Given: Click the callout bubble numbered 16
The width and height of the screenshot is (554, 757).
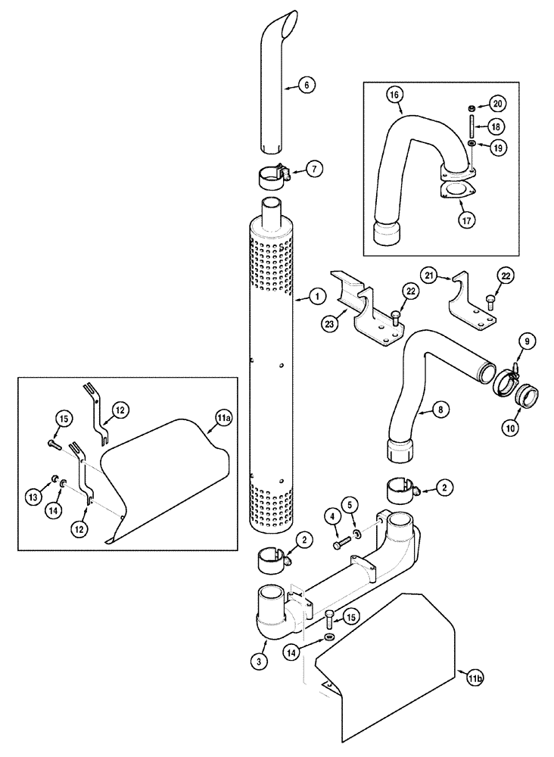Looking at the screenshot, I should (x=394, y=95).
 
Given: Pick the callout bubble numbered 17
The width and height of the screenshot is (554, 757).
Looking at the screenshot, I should (x=466, y=221).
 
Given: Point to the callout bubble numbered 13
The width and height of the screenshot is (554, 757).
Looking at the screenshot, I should (x=34, y=497).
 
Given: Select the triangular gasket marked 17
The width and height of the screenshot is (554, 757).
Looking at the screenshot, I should (x=453, y=189).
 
